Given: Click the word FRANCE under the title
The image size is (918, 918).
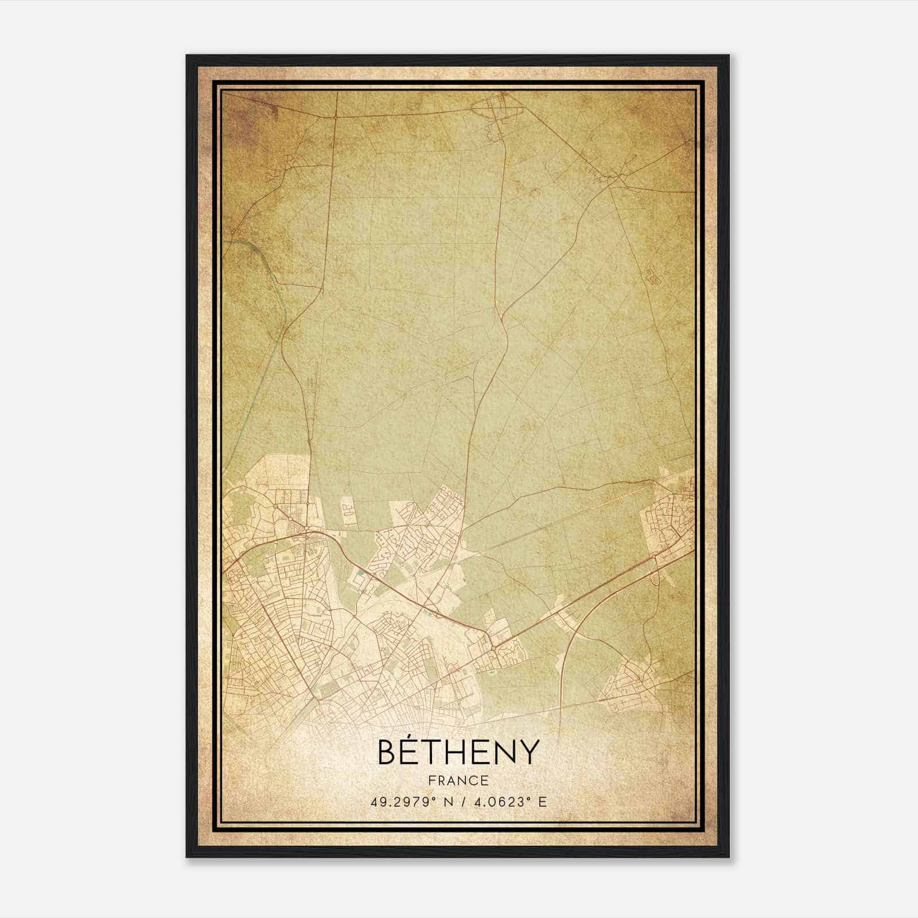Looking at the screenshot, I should coord(458,781).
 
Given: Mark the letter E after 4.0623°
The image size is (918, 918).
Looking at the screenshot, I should coord(542,802).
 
